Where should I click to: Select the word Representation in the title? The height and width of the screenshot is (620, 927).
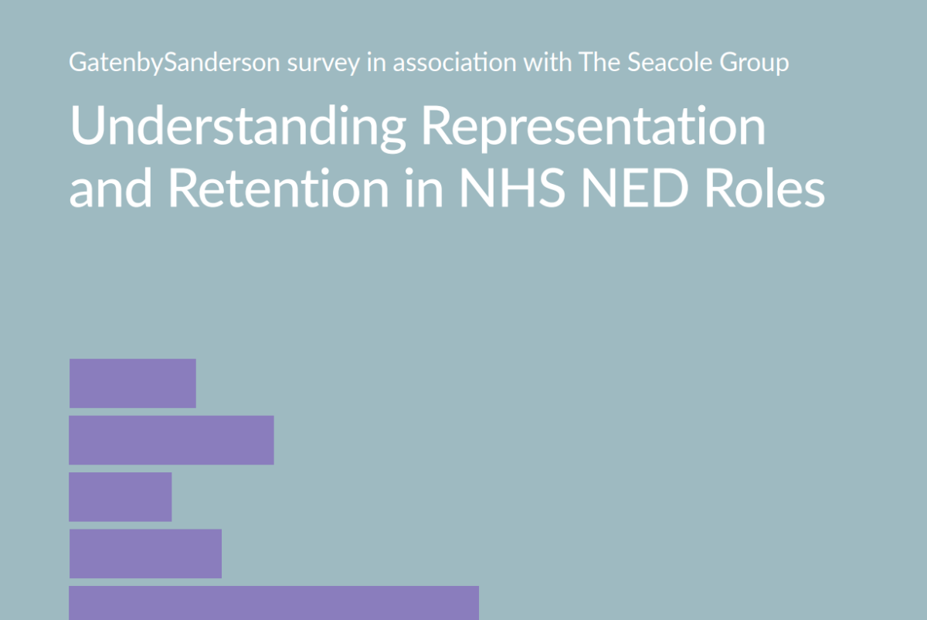[x=593, y=127]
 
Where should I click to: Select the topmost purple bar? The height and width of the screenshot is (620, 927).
[x=132, y=383]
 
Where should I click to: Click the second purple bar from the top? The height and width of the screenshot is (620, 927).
[x=171, y=440]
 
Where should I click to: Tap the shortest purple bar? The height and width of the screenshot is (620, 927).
[x=121, y=496]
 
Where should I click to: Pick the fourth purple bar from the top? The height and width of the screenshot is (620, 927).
[x=145, y=554]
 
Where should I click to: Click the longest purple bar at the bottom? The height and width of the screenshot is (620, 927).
[x=273, y=603]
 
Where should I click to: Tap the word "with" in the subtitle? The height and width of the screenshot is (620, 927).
[x=544, y=63]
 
